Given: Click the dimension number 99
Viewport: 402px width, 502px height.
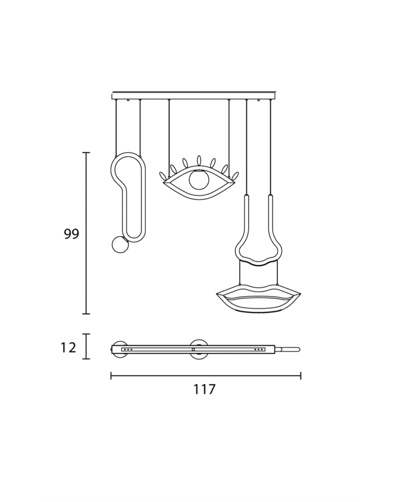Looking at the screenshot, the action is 71,234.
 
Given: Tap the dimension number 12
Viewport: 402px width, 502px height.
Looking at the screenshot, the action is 68,348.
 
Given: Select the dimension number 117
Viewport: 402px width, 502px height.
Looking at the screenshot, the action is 205,397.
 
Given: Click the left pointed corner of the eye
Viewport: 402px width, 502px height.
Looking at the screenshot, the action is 164,182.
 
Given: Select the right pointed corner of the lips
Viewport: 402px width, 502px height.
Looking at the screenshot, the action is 300,293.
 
